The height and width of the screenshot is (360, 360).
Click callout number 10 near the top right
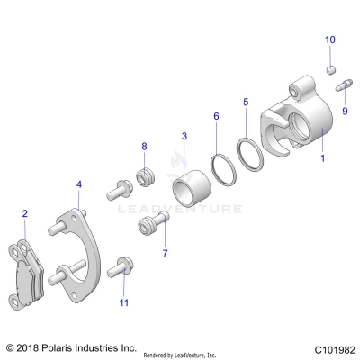coord(329,40)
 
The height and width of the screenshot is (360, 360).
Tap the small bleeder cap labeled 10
coord(330,69)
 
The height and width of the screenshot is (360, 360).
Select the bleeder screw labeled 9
coord(343,87)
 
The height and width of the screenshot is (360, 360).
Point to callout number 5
coord(246,103)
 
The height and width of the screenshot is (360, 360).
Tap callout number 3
coord(184,136)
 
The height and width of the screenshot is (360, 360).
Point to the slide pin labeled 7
coord(149,224)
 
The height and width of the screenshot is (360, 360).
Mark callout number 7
coord(164,254)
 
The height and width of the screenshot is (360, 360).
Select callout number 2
coord(25,213)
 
